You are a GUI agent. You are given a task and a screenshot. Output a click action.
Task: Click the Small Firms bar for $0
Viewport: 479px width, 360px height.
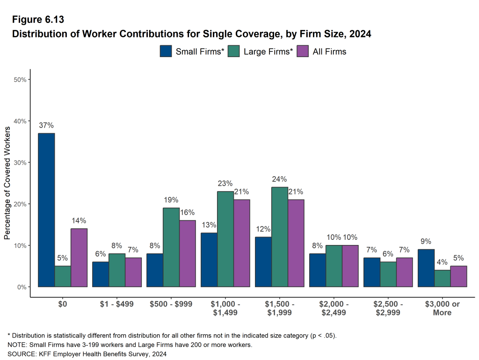pos(46,210)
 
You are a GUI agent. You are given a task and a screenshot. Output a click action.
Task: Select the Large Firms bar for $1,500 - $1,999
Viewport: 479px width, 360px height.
pos(280,237)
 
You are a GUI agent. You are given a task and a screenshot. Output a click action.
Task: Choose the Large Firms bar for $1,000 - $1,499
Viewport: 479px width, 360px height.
pos(225,239)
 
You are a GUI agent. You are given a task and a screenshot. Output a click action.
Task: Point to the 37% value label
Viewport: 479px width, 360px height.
pos(46,125)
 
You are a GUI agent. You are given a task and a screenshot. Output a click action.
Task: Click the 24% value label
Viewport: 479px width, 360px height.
pos(280,179)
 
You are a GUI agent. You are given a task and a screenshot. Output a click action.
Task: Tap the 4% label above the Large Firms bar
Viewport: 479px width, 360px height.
pos(443,262)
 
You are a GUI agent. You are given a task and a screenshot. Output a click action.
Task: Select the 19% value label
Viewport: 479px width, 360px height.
pos(171,200)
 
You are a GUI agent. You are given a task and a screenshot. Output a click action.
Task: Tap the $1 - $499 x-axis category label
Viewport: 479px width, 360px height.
pos(117,304)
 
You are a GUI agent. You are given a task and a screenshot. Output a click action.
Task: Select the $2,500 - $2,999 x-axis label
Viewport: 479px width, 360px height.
pos(388,308)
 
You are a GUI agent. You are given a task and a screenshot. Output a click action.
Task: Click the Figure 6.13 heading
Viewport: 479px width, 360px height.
pos(38,20)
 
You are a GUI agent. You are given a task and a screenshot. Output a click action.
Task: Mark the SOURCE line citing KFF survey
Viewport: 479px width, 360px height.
pos(87,354)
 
